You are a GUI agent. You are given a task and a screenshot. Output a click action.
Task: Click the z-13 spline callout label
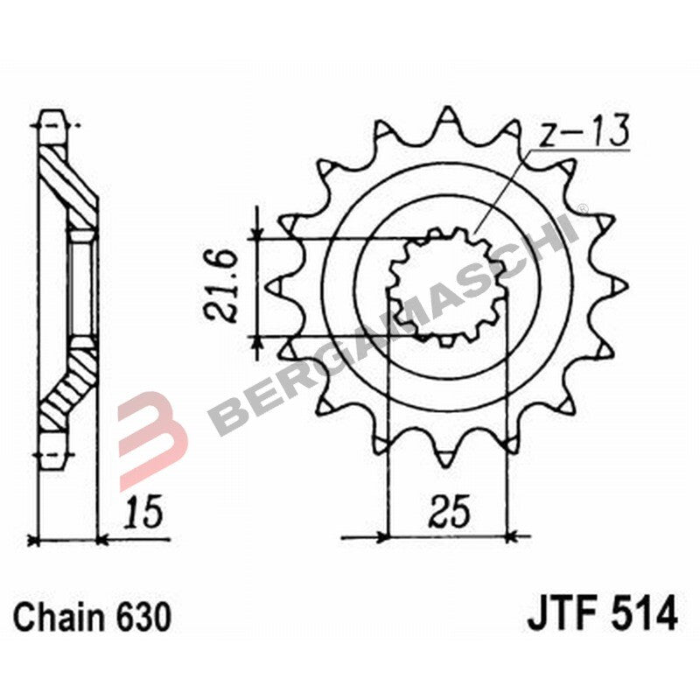[x=581, y=132]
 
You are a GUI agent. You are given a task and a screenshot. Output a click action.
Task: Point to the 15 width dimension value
[x=143, y=513]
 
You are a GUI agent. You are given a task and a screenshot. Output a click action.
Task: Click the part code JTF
[x=559, y=613]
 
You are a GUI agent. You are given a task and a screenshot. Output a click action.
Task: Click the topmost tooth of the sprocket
[x=447, y=118]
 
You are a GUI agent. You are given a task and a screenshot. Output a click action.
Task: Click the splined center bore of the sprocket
[x=447, y=287]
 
